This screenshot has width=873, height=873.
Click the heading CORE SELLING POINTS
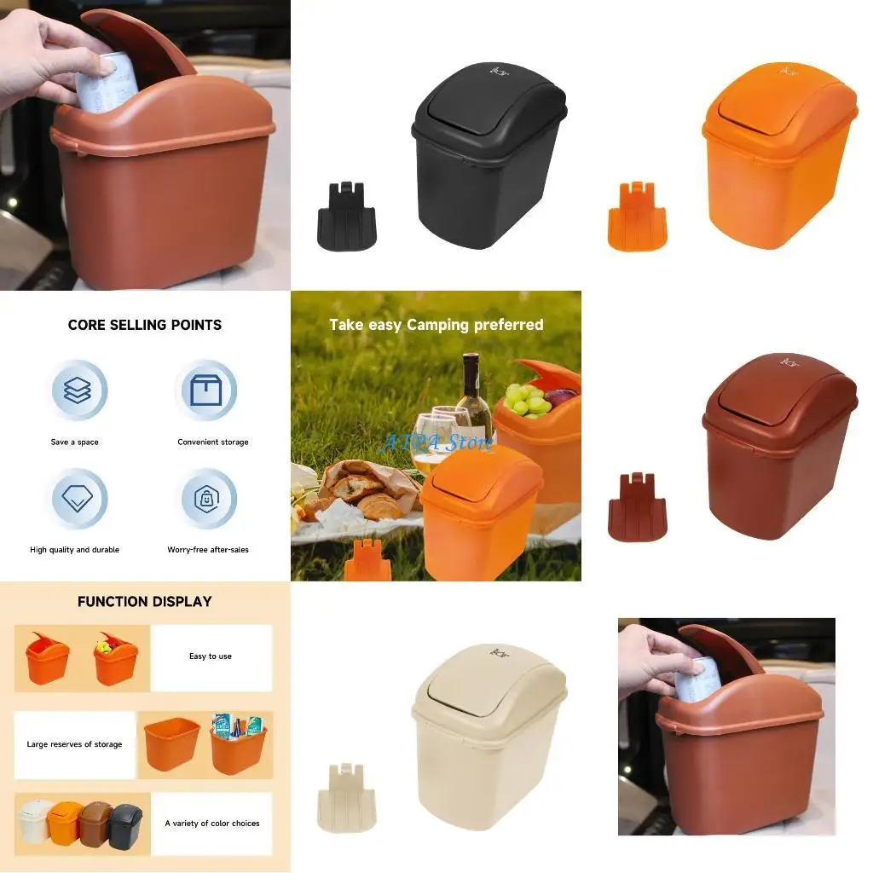coord(145,325)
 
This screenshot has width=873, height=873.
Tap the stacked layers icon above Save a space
coord(77,391)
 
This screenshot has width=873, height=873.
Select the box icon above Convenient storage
coord(205,391)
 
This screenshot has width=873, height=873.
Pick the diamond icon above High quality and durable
coord(77,500)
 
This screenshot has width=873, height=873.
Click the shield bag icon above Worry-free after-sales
coord(205,500)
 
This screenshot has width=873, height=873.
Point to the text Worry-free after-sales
coord(208,550)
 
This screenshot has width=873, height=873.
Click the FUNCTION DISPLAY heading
coord(145,601)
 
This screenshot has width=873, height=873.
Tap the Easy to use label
coord(211,656)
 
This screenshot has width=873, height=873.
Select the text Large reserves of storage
coord(74,744)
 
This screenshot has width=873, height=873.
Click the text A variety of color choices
coord(211,824)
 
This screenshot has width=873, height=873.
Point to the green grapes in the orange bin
coord(526,398)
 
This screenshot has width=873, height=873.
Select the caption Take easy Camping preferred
coord(436,325)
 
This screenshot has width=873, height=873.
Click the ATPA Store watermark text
coord(436,442)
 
